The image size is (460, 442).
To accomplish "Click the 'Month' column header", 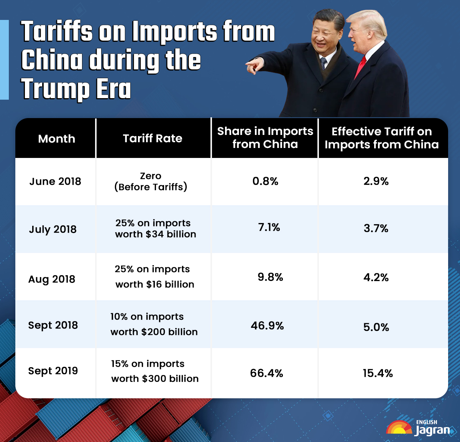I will click(x=56, y=138).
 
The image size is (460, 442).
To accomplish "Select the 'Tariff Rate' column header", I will click(x=153, y=138).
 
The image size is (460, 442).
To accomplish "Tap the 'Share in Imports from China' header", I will click(x=265, y=138).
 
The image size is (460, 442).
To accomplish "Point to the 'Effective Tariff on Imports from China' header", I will click(x=381, y=138).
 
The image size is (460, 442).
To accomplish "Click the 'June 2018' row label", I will click(x=55, y=181).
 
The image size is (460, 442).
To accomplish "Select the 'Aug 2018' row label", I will click(x=52, y=279).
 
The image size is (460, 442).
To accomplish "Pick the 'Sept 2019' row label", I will click(x=53, y=371).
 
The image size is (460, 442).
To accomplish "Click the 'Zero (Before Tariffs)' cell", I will click(x=151, y=181).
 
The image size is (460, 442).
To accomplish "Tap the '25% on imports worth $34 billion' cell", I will click(x=155, y=228).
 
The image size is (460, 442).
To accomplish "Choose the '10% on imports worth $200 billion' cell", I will click(x=154, y=324).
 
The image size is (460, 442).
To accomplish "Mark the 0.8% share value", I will click(x=265, y=181).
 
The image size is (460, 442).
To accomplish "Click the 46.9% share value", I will click(x=267, y=326).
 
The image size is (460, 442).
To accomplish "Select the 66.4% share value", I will click(x=266, y=373).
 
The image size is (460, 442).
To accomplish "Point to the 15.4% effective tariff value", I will click(x=378, y=373).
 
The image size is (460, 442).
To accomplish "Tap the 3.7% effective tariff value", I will click(x=376, y=228).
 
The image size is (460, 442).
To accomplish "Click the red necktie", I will click(x=360, y=67).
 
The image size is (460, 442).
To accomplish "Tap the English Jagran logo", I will click(x=419, y=428).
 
